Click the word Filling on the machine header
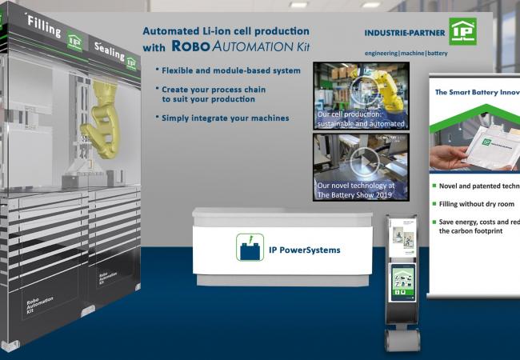[45, 27]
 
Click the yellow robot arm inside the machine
[108, 119]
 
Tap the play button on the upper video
[362, 90]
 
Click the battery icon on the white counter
[249, 246]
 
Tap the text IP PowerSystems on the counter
[304, 250]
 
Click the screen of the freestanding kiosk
[403, 280]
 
